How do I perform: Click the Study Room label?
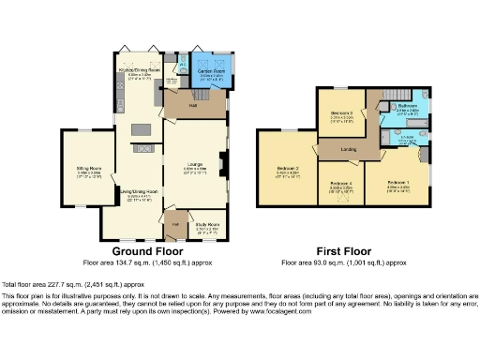206,225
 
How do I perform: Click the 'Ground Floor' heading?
147,251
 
